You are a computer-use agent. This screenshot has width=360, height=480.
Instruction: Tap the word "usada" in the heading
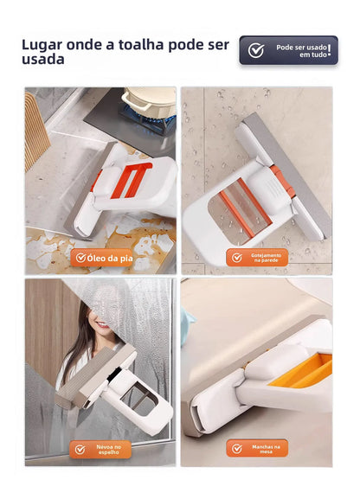[43, 59]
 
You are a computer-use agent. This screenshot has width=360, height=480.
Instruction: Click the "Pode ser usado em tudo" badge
[289, 50]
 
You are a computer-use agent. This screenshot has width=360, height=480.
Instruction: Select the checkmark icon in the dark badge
[256, 50]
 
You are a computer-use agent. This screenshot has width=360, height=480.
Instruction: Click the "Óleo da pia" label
[102, 258]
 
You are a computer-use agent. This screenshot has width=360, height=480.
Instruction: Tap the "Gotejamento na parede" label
[257, 258]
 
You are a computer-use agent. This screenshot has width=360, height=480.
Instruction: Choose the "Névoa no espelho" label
[100, 450]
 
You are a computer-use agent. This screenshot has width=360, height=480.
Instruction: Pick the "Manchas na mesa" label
[257, 449]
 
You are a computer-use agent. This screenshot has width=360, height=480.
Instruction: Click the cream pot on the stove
[149, 100]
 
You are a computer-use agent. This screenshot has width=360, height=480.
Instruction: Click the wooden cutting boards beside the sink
[35, 130]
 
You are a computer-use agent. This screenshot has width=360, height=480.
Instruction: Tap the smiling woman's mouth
[103, 325]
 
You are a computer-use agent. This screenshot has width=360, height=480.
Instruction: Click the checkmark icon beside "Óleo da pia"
[80, 258]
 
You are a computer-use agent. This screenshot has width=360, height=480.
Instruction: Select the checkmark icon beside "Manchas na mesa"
[236, 449]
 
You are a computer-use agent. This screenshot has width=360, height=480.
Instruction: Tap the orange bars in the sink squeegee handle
[131, 181]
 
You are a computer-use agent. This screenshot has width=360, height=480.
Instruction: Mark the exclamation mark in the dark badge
[329, 50]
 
